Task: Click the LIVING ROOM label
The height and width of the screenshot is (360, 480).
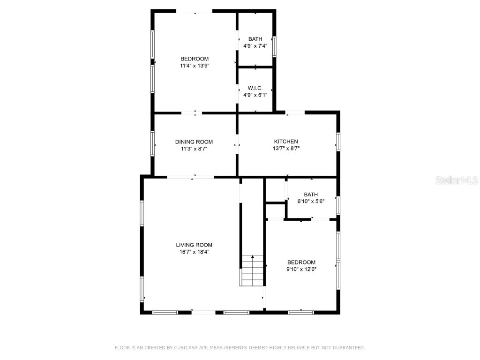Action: (194, 245)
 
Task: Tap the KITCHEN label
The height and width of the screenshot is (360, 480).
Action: (286, 142)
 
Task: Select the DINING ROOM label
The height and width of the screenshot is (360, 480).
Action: (194, 142)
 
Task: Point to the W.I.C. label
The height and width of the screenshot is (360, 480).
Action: (255, 88)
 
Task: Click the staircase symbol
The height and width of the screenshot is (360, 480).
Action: (253, 270)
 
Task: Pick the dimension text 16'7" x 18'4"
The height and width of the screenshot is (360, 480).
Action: (194, 252)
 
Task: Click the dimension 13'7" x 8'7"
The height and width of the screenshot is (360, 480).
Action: (286, 148)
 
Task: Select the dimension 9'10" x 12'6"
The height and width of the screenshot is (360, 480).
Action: (301, 269)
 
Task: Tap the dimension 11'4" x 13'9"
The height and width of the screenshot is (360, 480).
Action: (195, 66)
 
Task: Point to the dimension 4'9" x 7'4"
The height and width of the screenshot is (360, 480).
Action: (255, 46)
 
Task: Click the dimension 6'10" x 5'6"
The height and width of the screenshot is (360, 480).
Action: (311, 201)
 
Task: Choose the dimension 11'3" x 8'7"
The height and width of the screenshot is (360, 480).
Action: (194, 149)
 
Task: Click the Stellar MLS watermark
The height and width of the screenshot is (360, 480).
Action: (457, 180)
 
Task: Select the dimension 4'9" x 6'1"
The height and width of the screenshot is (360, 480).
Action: (255, 95)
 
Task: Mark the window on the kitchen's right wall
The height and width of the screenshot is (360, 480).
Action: (338, 142)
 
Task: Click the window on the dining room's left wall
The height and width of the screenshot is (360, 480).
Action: (153, 143)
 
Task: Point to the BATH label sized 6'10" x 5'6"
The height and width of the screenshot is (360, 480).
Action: (311, 195)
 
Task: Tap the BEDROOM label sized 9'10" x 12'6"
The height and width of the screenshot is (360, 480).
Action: (301, 262)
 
